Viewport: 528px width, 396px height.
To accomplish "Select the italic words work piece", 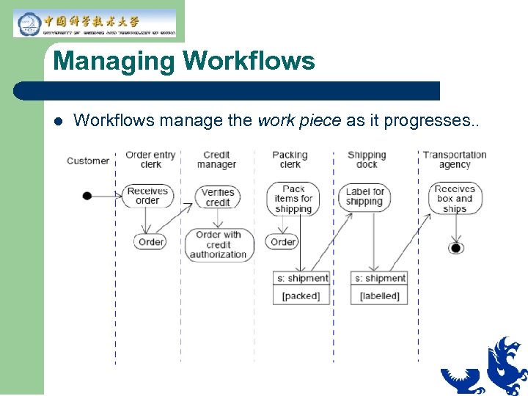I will tap(299, 120).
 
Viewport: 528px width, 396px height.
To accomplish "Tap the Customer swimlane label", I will tap(88, 161).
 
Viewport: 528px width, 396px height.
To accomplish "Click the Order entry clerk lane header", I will tap(150, 160).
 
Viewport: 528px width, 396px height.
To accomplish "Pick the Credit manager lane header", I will tap(217, 160).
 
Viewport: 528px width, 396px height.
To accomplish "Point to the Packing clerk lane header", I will tap(290, 160).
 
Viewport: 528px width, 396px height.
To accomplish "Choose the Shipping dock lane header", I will tap(367, 160).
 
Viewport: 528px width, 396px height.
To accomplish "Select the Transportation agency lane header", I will tap(455, 160).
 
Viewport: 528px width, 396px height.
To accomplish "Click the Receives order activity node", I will tap(147, 196).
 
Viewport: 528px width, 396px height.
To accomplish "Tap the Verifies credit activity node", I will tap(218, 197).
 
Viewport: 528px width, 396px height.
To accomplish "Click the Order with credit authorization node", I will tap(219, 245).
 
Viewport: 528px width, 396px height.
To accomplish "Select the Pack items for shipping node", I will tap(293, 199).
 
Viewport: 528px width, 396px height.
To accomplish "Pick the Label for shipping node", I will tap(364, 197).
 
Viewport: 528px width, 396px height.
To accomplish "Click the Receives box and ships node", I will tap(455, 199).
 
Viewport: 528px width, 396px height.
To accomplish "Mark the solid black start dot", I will tap(87, 196).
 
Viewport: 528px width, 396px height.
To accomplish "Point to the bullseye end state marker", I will tap(456, 249).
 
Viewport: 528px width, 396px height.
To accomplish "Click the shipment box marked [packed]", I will tap(301, 287).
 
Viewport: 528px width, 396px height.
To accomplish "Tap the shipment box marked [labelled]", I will tap(379, 287).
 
